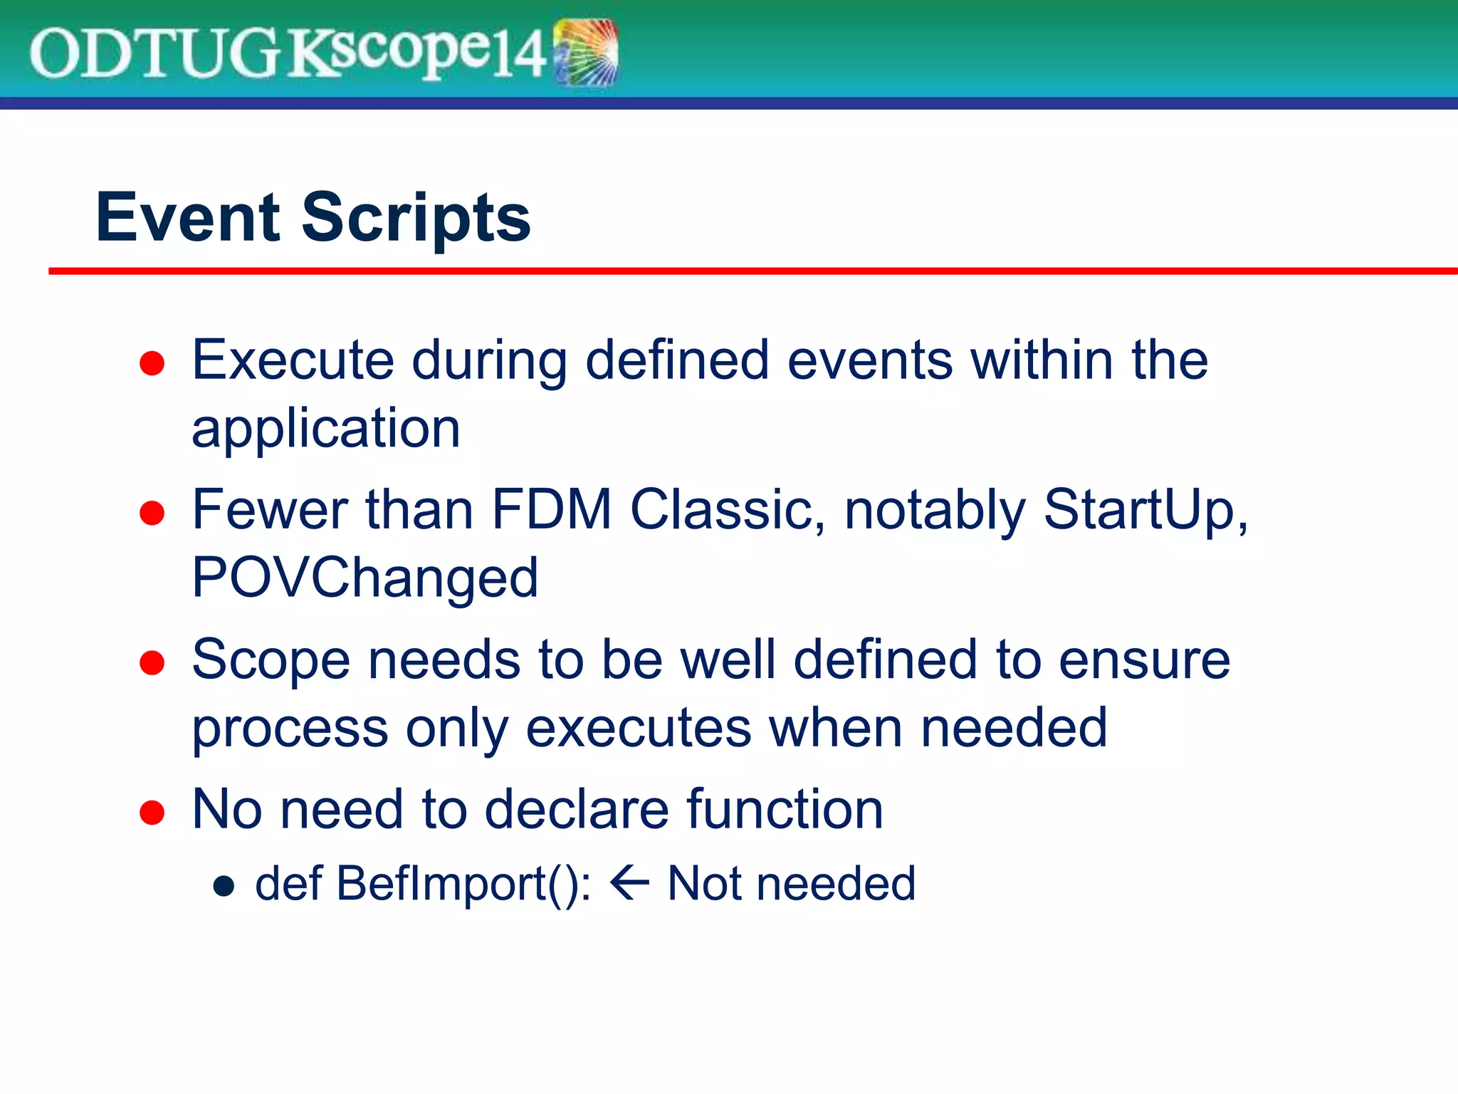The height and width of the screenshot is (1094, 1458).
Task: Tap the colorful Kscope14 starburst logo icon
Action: tap(586, 53)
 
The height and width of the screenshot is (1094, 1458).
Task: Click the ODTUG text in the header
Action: tap(155, 53)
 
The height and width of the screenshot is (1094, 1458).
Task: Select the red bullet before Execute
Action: tap(152, 363)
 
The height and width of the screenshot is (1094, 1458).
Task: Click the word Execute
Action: tap(293, 360)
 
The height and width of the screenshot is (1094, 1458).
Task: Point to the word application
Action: tap(326, 429)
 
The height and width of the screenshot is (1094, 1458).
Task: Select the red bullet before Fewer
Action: tap(152, 513)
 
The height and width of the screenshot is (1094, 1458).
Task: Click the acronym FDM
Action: tap(552, 509)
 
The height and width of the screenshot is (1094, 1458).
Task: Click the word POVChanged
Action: tap(364, 578)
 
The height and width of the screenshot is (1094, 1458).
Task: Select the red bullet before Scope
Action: tap(152, 662)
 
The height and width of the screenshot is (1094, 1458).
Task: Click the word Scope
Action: tap(271, 660)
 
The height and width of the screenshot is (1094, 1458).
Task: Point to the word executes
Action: tap(639, 728)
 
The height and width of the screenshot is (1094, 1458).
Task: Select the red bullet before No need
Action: tap(152, 813)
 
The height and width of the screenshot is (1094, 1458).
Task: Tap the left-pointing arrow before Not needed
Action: tap(629, 883)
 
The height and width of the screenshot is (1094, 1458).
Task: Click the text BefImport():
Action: tap(463, 884)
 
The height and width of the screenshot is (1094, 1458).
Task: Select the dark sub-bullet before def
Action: tap(224, 885)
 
